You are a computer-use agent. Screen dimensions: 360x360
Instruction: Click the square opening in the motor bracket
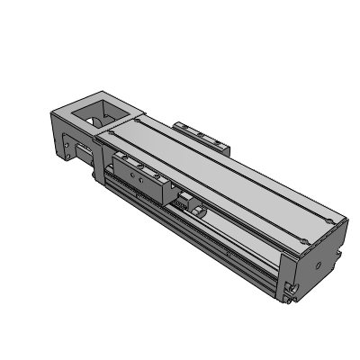tap(102, 114)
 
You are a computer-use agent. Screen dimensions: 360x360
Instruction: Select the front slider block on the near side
tap(140, 175)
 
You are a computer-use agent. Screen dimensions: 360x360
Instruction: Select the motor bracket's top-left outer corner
tap(50, 110)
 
